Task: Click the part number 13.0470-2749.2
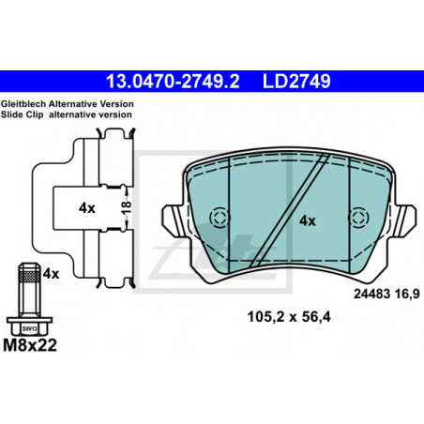[x=173, y=82]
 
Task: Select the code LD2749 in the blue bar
[x=296, y=82]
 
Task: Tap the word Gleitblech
[x=23, y=104]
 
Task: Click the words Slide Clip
[x=22, y=114]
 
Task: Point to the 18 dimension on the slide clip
[x=127, y=207]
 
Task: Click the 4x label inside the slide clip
[x=87, y=208]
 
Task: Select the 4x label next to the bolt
[x=51, y=274]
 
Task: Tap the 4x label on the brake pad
[x=308, y=221]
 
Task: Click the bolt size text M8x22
[x=30, y=345]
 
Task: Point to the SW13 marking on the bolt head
[x=30, y=328]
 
